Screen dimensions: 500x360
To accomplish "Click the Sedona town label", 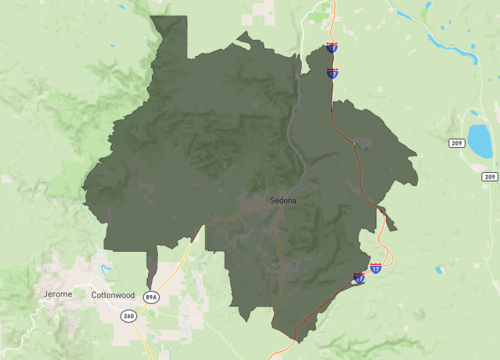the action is tap(283, 201).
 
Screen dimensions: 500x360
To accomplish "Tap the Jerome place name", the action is tap(59, 294).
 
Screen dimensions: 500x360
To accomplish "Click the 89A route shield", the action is tap(151, 298).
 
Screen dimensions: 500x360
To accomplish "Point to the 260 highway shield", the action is tap(129, 316).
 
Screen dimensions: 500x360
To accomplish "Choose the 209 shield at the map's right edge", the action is tap(489, 177).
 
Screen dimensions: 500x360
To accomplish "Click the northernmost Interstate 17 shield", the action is tap(331, 47).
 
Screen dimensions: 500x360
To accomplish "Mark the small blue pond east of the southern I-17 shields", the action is tap(438, 270).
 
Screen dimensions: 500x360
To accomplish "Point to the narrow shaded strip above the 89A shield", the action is tap(152, 268).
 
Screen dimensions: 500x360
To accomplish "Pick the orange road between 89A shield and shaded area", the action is tap(172, 276).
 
